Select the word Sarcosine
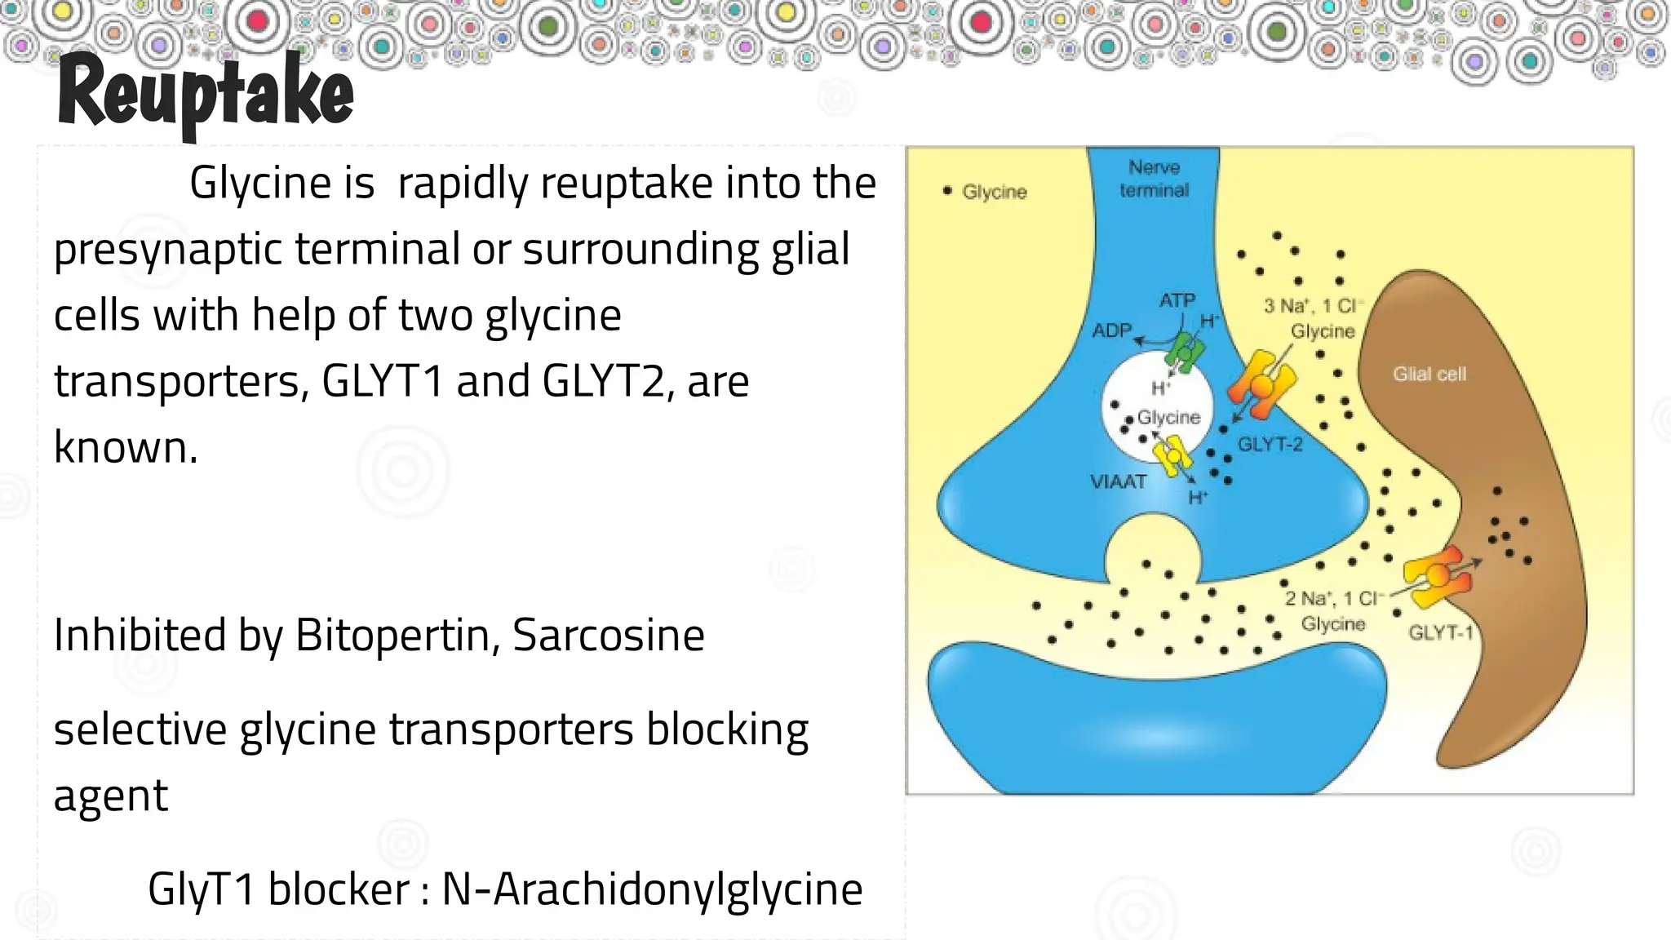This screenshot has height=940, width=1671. (x=609, y=635)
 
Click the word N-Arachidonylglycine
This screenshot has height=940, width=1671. (x=652, y=889)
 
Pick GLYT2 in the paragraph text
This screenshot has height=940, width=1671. (x=603, y=381)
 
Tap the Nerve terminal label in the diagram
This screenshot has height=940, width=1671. (x=1154, y=179)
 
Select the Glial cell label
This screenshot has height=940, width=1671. (x=1429, y=374)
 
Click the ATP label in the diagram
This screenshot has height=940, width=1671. (x=1177, y=300)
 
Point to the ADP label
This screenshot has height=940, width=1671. (x=1112, y=330)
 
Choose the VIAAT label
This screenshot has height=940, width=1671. (x=1118, y=481)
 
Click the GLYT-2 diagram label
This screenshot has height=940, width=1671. (x=1270, y=445)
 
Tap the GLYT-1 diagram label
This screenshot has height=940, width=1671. (x=1441, y=632)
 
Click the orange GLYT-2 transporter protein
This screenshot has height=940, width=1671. (x=1261, y=384)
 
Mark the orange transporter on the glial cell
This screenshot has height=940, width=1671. (x=1438, y=576)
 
